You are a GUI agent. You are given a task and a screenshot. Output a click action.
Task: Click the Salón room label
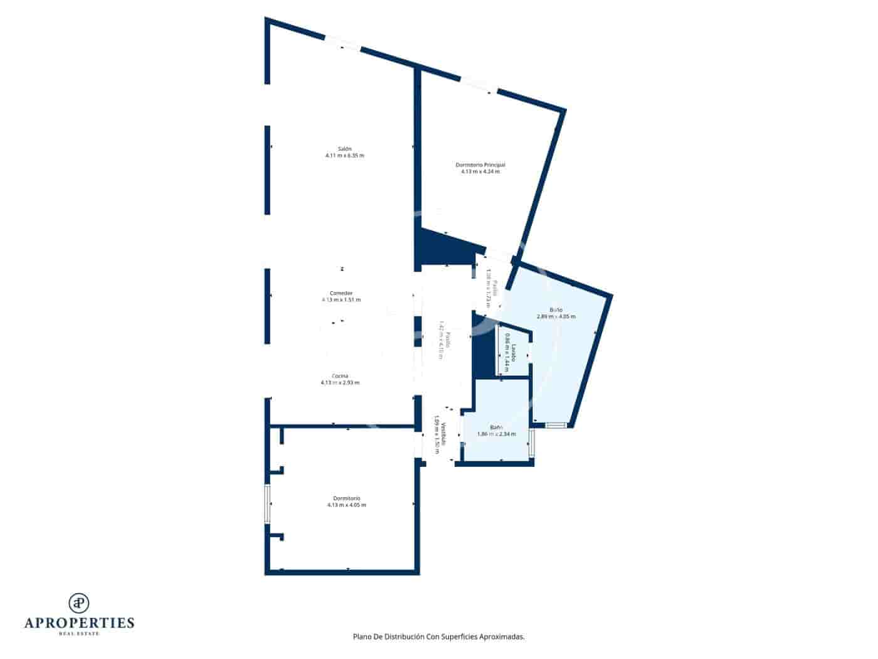click(x=344, y=149)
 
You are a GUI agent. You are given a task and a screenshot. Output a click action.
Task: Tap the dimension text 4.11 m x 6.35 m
click(x=344, y=156)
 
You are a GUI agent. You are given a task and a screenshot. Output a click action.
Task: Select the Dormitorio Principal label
click(x=480, y=164)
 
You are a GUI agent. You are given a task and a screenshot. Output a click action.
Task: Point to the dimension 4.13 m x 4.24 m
click(x=480, y=171)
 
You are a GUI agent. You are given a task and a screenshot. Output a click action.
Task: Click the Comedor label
click(x=341, y=293)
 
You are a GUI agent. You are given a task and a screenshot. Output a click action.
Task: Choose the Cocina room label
click(x=340, y=376)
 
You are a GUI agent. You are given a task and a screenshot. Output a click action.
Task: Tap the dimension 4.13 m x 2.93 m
click(x=340, y=383)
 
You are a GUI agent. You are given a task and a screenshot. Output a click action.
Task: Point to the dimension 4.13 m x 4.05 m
click(x=347, y=505)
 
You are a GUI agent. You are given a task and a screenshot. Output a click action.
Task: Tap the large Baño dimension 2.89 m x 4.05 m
click(x=556, y=317)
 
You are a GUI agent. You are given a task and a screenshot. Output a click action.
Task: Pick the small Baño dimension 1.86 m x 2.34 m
click(x=497, y=434)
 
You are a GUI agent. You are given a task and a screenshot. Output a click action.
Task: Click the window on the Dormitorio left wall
click(x=267, y=504)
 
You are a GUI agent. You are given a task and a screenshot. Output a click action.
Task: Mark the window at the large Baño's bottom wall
click(x=556, y=425)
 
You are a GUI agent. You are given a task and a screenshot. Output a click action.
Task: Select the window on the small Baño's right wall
click(x=532, y=443)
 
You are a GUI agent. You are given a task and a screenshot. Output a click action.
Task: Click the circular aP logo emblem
click(x=79, y=603)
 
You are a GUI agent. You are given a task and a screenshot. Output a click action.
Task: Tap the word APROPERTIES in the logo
click(x=79, y=623)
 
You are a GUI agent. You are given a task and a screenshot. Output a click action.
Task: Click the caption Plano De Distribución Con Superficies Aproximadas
click(x=438, y=636)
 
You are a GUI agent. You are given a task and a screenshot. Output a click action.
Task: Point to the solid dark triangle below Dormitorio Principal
click(x=439, y=248)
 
